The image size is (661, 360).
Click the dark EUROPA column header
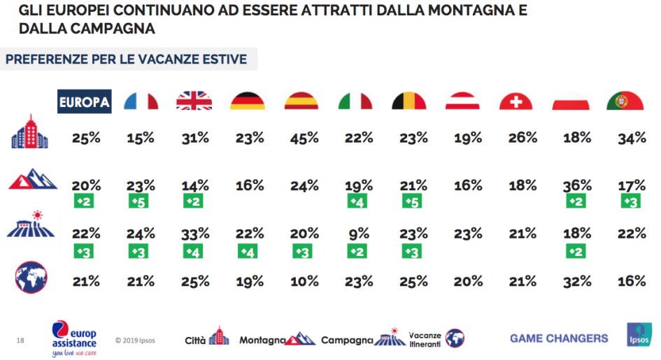85,102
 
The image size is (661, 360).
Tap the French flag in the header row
141,102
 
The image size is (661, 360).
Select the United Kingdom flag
194,102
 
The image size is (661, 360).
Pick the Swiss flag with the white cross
516,102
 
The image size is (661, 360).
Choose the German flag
248,102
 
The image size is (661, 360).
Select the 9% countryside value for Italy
357,233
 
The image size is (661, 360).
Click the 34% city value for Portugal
630,138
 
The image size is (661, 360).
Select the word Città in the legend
195,340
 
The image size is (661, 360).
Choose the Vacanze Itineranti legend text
425,340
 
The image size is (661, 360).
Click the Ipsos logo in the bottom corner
639,336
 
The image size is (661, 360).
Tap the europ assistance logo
75,338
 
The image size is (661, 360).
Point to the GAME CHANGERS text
559,338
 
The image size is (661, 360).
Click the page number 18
20,340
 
